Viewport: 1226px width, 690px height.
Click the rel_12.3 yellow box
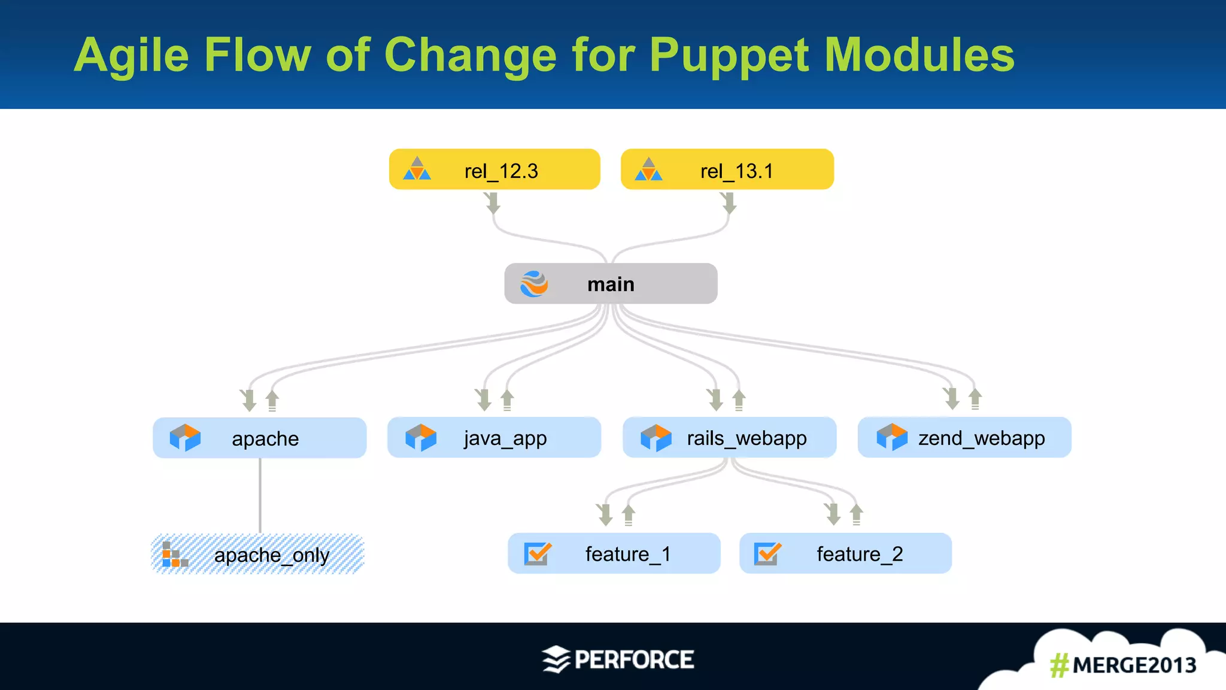pos(494,170)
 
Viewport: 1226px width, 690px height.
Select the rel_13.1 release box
pos(727,170)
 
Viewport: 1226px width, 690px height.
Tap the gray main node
pos(611,283)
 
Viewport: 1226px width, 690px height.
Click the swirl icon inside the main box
pos(534,284)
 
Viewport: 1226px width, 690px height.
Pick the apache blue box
pos(259,438)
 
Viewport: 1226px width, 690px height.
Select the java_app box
pos(494,438)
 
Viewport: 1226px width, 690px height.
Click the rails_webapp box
pos(729,438)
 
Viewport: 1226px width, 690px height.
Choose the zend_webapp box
pos(964,438)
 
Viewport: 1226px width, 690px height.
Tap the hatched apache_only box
pos(257,554)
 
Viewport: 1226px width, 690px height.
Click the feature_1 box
pos(614,553)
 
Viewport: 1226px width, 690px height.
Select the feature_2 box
pos(845,553)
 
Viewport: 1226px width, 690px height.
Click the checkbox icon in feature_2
pos(767,553)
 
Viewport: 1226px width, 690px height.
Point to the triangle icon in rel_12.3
pos(417,170)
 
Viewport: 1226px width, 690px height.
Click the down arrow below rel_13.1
pos(729,203)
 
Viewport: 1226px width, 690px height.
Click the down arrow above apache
pos(248,400)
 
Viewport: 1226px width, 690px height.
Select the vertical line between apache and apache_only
pos(260,495)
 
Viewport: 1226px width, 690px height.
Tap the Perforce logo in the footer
pos(618,659)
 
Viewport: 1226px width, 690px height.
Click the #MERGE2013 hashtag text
pos(1122,665)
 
